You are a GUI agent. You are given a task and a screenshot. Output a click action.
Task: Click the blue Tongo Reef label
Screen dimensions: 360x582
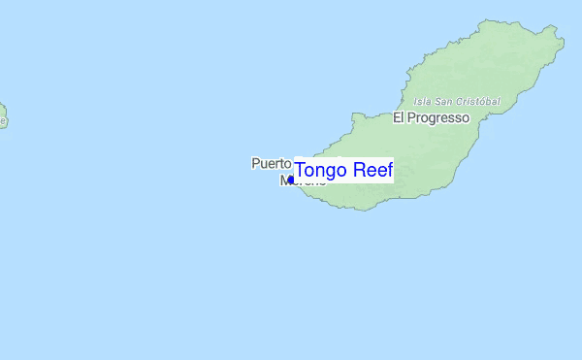click(343, 171)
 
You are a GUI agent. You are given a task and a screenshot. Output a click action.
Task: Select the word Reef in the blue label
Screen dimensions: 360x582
click(372, 171)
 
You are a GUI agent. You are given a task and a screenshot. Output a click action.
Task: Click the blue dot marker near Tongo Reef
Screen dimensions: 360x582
click(291, 180)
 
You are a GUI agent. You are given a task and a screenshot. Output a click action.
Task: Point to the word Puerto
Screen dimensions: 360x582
click(271, 163)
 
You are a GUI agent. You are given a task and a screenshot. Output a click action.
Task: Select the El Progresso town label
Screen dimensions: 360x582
click(431, 117)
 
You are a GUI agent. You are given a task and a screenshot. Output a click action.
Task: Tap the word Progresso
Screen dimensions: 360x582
click(437, 117)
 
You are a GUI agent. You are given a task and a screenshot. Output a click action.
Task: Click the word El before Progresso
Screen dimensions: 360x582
click(398, 117)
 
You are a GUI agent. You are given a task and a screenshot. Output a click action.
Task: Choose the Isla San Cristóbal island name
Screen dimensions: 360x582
click(456, 101)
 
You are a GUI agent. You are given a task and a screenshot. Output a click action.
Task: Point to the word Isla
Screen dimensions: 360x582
click(422, 101)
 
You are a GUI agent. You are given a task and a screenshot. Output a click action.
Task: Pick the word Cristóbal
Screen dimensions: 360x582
click(477, 101)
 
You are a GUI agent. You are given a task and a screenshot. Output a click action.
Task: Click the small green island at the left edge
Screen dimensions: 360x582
click(2, 115)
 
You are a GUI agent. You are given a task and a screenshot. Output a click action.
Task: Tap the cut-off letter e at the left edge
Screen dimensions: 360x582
click(2, 121)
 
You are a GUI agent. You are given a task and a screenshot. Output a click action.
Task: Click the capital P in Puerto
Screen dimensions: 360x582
click(255, 163)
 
